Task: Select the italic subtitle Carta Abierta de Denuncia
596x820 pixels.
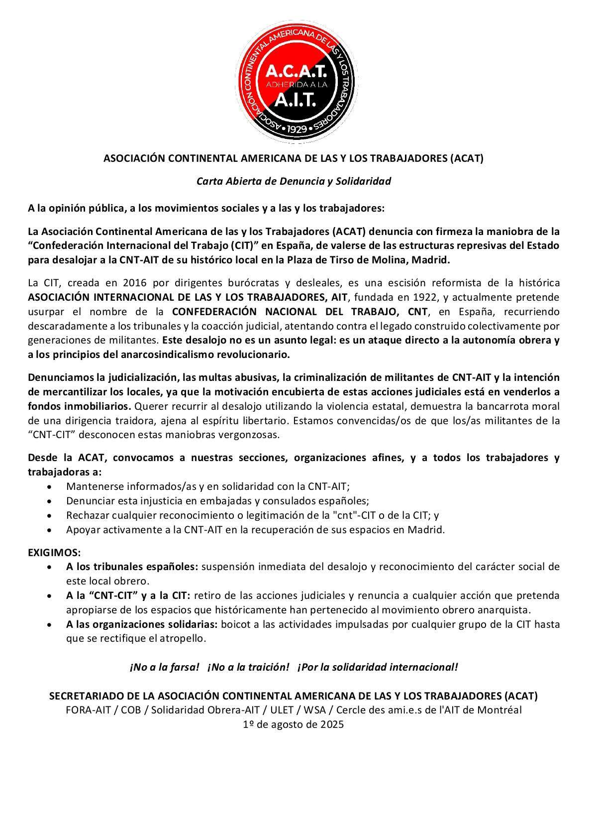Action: coord(294,181)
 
